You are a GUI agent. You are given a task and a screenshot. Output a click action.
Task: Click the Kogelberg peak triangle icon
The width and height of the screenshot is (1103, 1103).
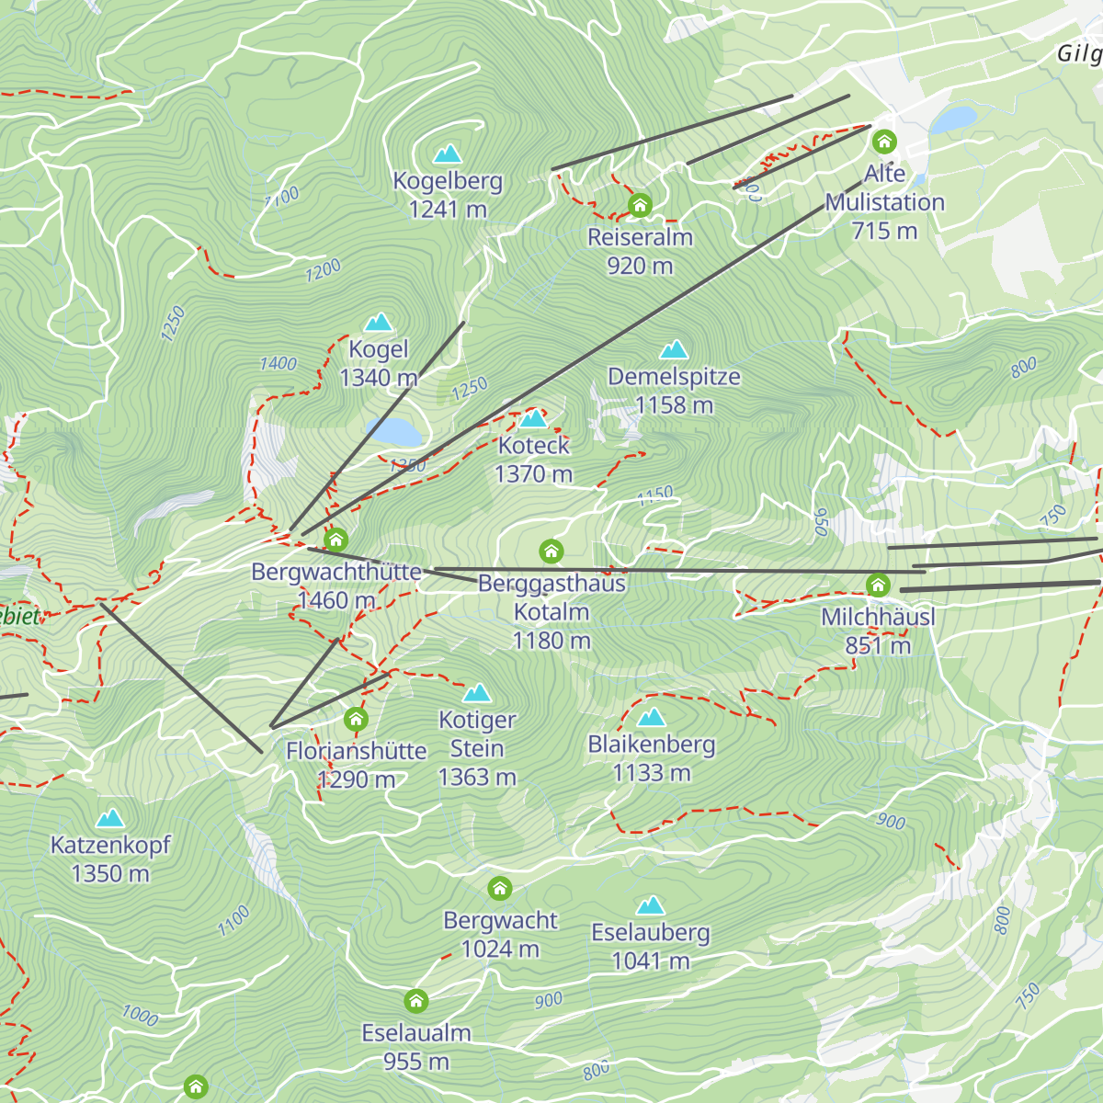pos(448,154)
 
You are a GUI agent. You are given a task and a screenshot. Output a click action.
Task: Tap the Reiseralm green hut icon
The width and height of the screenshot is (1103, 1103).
pos(640,204)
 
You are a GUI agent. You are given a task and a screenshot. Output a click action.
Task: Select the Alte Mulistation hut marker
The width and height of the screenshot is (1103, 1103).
pos(884,142)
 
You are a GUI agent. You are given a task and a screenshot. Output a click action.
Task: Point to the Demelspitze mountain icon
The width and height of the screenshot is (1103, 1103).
pos(674,349)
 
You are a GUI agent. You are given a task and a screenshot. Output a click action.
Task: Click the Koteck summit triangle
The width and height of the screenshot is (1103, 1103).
pos(533,419)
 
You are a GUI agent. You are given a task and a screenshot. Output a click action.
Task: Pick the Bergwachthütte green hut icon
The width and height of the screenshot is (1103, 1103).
pos(335,540)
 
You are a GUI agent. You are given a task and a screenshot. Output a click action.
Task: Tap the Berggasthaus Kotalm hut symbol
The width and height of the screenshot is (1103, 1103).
pos(551,551)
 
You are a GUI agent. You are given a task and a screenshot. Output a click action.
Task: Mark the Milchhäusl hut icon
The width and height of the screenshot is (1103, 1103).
pos(878,585)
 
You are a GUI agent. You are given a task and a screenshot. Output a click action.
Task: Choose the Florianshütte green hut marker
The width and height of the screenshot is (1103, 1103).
pos(356,719)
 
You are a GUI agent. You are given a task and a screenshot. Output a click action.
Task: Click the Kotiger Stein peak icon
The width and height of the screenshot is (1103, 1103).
pos(477,693)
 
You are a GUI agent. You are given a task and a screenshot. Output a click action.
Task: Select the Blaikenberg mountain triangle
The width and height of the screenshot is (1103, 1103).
pos(651,717)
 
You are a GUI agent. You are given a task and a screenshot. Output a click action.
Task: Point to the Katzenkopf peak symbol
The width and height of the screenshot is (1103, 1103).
pos(110,818)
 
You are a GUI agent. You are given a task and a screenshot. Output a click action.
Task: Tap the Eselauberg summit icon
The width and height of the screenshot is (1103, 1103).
pos(651,906)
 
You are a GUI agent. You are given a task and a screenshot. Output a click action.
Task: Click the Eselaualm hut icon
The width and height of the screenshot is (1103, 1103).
pos(416,1000)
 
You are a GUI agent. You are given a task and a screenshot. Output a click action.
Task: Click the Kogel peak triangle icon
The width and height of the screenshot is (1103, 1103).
pos(379,323)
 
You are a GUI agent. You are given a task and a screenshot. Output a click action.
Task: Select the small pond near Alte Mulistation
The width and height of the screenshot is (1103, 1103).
pos(954,119)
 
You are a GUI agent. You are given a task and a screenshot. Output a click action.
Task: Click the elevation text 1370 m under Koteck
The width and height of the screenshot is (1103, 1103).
pos(533,474)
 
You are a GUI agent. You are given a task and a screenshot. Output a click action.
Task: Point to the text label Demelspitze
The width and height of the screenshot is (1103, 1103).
pos(674,377)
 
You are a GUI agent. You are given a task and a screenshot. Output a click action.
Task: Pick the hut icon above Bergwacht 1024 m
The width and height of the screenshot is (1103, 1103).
pos(499,889)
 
